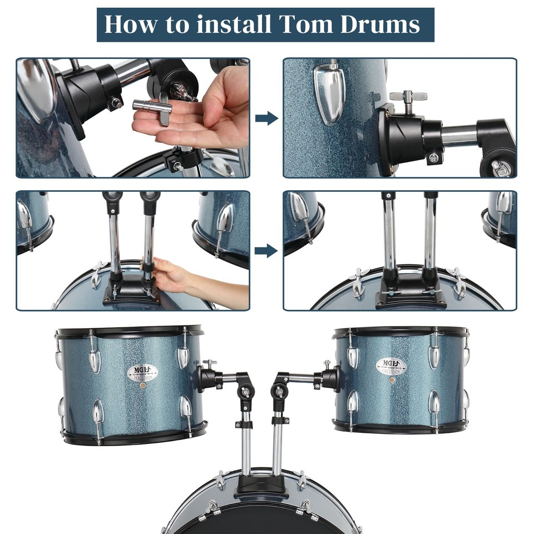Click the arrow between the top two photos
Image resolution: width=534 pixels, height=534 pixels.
click(x=266, y=118)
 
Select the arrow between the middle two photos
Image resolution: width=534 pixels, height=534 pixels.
click(x=266, y=250)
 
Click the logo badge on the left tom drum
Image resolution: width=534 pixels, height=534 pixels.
click(x=142, y=372)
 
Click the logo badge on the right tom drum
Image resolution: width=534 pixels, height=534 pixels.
click(x=391, y=366)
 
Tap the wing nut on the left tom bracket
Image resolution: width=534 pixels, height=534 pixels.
click(x=210, y=364)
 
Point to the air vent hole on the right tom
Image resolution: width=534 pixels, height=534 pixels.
click(x=392, y=380)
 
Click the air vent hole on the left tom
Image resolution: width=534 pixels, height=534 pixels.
click(x=143, y=385)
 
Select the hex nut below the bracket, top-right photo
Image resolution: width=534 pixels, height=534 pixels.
click(x=433, y=158)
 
